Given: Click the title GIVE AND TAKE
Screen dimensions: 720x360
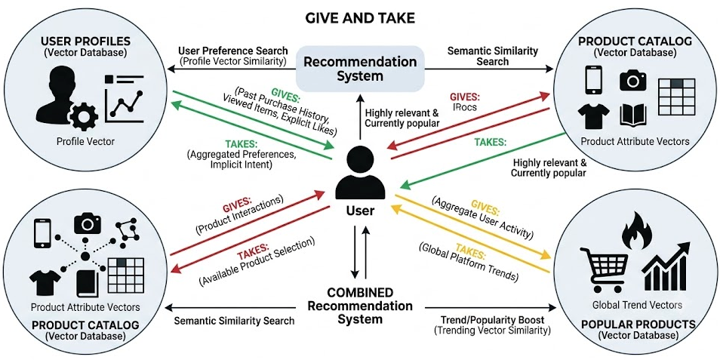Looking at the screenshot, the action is [359, 18].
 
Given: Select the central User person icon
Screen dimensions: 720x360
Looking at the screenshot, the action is [359, 173].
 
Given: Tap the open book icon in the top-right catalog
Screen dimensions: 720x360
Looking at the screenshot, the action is [632, 115].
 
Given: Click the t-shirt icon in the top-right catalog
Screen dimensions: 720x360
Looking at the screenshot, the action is [594, 115].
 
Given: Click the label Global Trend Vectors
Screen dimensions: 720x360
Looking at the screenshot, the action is [637, 304].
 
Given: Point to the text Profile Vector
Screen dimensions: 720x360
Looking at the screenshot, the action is [86, 141].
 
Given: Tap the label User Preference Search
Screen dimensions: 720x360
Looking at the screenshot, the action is [232, 50].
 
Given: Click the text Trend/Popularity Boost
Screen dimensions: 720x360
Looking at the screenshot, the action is [493, 319].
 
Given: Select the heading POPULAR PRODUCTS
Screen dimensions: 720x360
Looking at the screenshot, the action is [636, 325].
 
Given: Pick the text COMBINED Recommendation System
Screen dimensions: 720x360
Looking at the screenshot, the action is [360, 305].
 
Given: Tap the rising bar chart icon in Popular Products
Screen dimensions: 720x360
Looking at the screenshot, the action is [665, 266].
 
